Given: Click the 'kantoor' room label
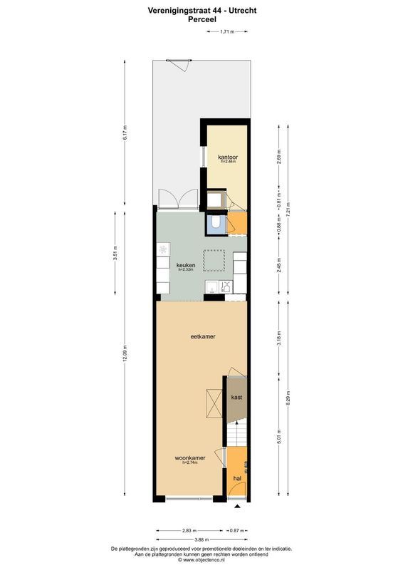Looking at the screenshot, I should click(228, 157).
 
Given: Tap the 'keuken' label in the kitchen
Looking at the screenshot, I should click(186, 265).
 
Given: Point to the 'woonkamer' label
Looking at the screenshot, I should click(190, 458).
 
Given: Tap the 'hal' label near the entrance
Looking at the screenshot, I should click(236, 478).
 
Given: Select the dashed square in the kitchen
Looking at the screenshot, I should click(214, 260).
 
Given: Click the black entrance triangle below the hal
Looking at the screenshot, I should click(236, 504).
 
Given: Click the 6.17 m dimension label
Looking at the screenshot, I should click(125, 133).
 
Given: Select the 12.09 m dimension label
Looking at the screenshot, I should click(125, 354).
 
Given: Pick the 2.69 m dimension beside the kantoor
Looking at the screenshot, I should click(279, 156).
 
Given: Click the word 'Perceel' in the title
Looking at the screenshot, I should click(202, 21).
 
